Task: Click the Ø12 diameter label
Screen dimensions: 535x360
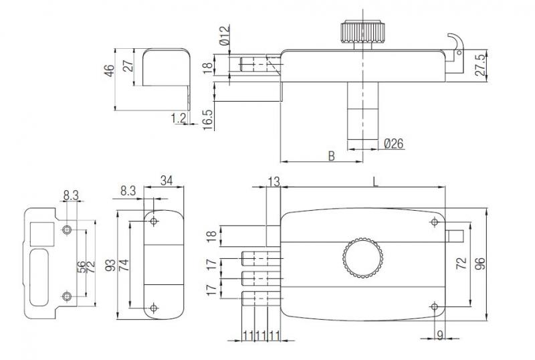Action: coord(225,35)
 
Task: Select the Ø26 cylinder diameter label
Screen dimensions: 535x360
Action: coord(393,144)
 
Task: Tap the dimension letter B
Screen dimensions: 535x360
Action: coord(331,156)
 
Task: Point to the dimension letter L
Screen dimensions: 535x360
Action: coord(375,182)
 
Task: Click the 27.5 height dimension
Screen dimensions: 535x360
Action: coord(479,64)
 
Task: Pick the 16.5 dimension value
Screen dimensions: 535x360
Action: coord(208,120)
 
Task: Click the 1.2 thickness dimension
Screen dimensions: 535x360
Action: coord(179,118)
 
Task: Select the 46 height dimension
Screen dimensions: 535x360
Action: coord(109,70)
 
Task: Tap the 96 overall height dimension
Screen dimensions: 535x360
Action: coord(479,264)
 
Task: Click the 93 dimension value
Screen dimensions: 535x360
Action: coord(110,266)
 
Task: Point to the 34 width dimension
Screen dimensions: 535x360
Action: coord(167,181)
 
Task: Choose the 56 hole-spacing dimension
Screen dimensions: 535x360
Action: coord(81,267)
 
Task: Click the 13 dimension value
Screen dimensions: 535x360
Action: coord(274,182)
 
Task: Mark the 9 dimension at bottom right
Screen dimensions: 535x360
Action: coord(440,335)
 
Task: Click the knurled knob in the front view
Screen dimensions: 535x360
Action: coord(362,258)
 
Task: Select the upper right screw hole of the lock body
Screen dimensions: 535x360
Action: coord(434,222)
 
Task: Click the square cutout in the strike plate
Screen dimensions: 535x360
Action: coord(42,234)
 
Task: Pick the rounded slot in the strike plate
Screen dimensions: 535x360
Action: coord(39,277)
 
